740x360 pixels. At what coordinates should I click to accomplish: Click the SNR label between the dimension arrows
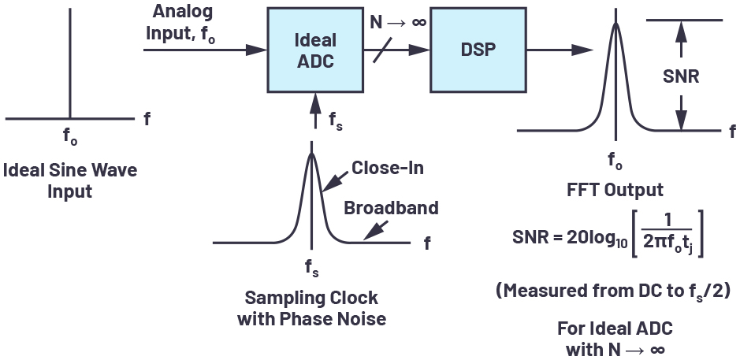point(682,76)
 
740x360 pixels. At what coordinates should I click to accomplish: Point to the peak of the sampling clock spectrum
point(313,154)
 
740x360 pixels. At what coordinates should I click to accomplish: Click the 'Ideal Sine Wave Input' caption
point(72,180)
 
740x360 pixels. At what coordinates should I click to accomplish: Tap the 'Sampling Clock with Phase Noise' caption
point(311,308)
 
